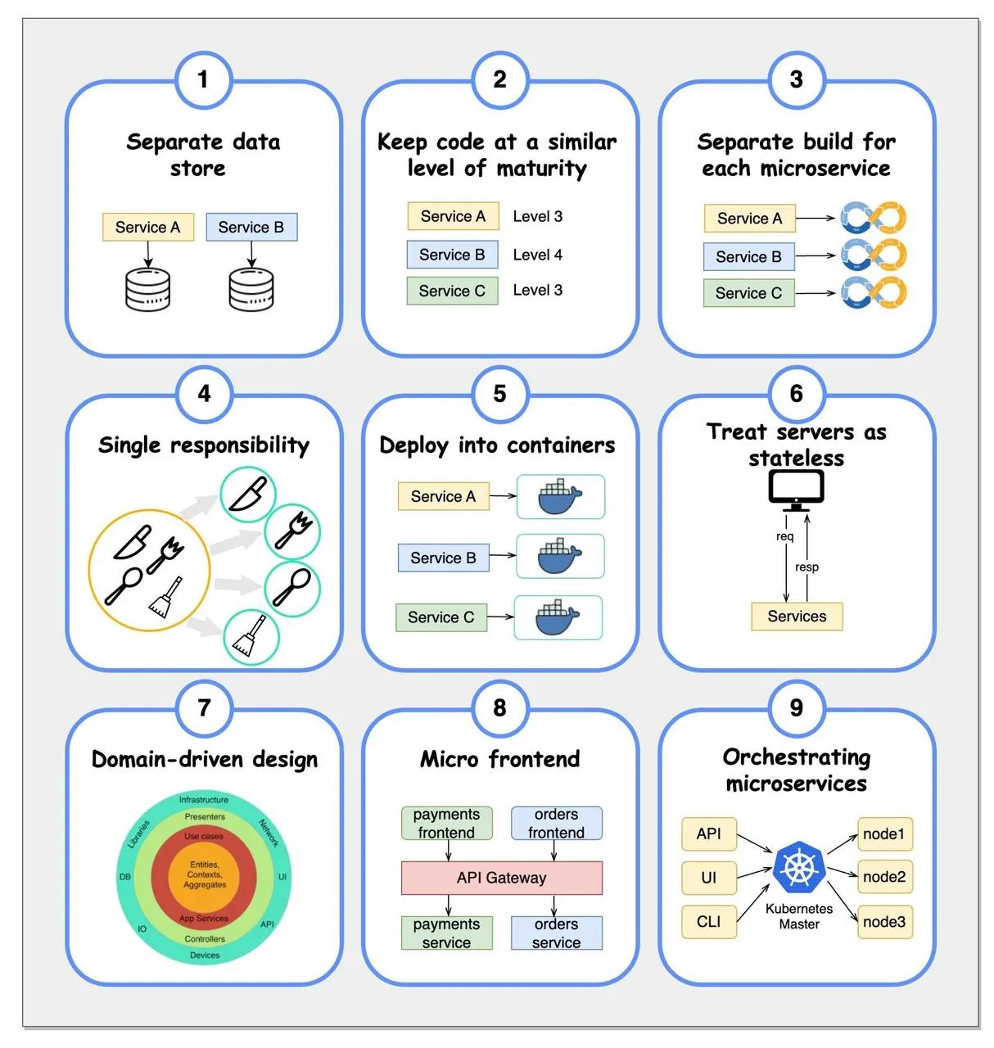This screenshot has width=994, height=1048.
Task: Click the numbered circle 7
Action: pyautogui.click(x=204, y=708)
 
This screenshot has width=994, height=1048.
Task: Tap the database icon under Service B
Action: pyautogui.click(x=251, y=289)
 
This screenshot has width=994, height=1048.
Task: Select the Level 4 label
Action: pyautogui.click(x=537, y=255)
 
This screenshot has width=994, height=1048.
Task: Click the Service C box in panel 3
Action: pyautogui.click(x=748, y=292)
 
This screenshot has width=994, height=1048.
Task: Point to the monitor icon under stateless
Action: pyautogui.click(x=796, y=490)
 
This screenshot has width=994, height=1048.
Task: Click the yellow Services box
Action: pyautogui.click(x=796, y=617)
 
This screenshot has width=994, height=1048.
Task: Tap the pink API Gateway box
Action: pyautogui.click(x=501, y=878)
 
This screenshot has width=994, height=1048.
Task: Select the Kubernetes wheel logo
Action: pyautogui.click(x=799, y=868)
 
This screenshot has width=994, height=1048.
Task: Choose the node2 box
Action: pyautogui.click(x=884, y=877)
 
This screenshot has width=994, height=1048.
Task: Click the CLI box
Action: pyautogui.click(x=709, y=922)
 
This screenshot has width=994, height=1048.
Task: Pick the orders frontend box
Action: pyautogui.click(x=556, y=823)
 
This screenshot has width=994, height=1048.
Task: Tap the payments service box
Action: pyautogui.click(x=446, y=933)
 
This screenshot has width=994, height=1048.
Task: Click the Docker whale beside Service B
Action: pyautogui.click(x=559, y=555)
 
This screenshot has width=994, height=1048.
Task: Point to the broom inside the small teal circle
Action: pyautogui.click(x=250, y=635)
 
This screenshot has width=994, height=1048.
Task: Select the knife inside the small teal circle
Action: pyautogui.click(x=247, y=494)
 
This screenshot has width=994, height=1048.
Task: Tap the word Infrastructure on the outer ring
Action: pyautogui.click(x=203, y=800)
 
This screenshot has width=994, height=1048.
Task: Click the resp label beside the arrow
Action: pyautogui.click(x=806, y=567)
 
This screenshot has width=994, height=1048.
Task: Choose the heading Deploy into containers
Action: pyautogui.click(x=497, y=445)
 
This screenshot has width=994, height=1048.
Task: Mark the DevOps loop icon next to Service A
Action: pyautogui.click(x=873, y=218)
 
